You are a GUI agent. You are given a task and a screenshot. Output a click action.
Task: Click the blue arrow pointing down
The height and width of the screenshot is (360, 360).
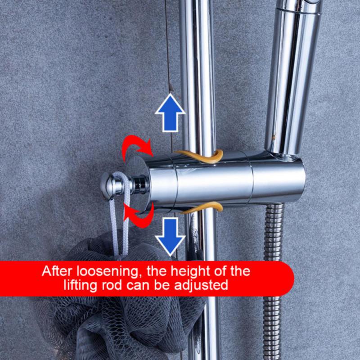click(170, 235)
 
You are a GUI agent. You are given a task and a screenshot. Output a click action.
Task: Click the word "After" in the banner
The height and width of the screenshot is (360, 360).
click(57, 272)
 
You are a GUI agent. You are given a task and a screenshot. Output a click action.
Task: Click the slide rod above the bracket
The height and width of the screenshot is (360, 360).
click(197, 67)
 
